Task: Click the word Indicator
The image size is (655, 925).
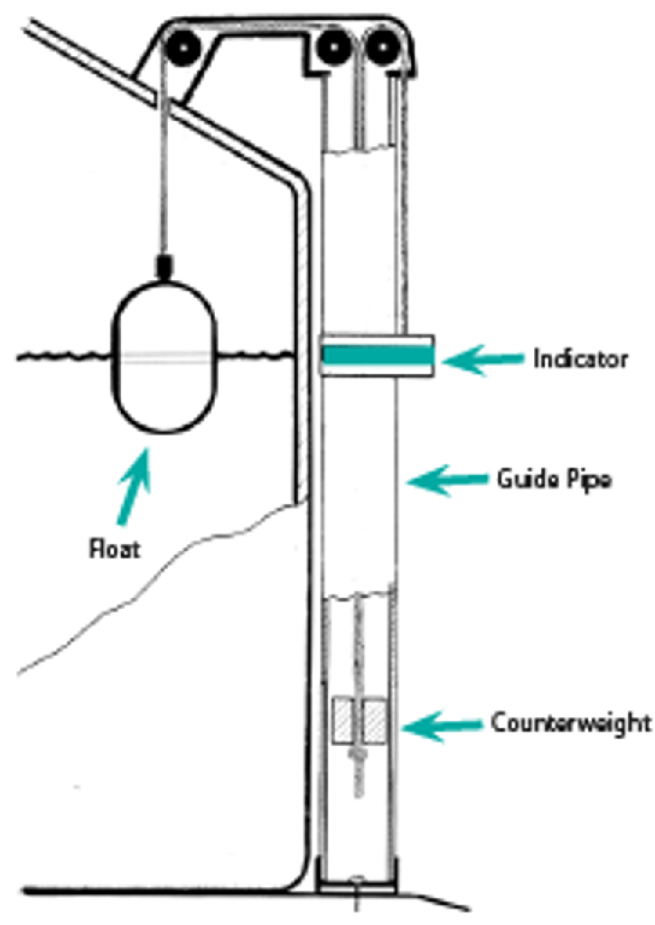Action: tap(579, 360)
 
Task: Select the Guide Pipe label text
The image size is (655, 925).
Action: tap(555, 480)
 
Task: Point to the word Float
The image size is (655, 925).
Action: tap(115, 548)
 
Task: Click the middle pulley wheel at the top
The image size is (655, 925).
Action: tap(332, 44)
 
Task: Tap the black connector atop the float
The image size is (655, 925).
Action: tap(164, 266)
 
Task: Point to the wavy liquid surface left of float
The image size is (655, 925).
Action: tap(63, 359)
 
